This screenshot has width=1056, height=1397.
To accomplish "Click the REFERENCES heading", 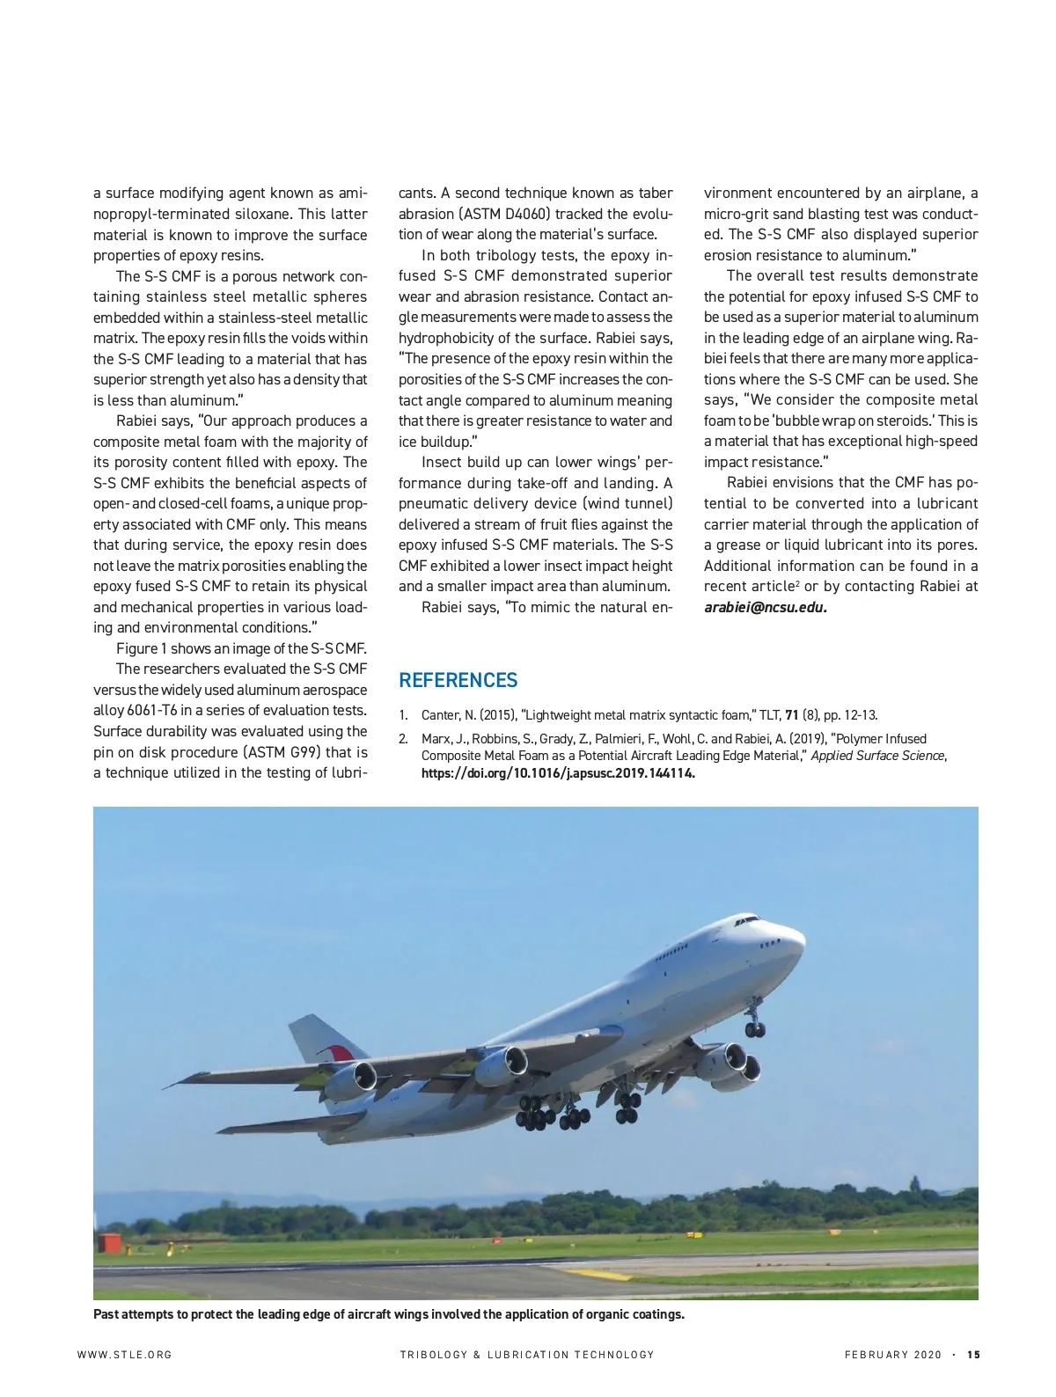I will pyautogui.click(x=458, y=680).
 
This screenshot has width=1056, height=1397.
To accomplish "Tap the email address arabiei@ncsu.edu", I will pyautogui.click(x=765, y=607).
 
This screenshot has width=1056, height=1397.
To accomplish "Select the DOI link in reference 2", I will pyautogui.click(x=558, y=773).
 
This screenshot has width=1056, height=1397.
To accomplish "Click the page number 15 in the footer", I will pyautogui.click(x=973, y=1355).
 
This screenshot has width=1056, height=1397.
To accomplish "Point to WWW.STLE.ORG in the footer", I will pyautogui.click(x=125, y=1355).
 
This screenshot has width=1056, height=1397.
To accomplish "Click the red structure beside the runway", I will pyautogui.click(x=109, y=1243).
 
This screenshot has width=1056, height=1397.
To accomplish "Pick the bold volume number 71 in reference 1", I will pyautogui.click(x=791, y=715).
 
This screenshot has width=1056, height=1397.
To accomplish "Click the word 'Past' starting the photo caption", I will pyautogui.click(x=107, y=1314).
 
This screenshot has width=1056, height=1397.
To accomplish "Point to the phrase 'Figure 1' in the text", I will pyautogui.click(x=141, y=648).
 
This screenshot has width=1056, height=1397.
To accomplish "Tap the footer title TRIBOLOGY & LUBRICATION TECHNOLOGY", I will pyautogui.click(x=526, y=1355).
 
